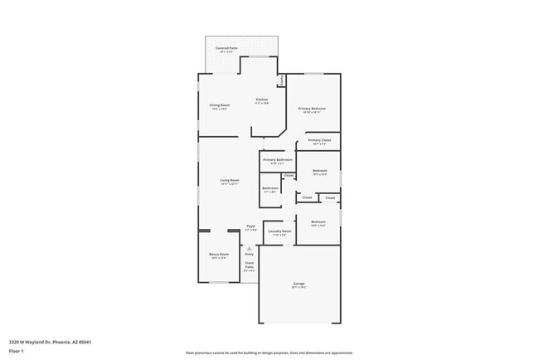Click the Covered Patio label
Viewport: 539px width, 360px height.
click(x=226, y=49)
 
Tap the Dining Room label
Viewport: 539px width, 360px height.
click(x=220, y=105)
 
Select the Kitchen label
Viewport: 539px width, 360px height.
click(x=261, y=100)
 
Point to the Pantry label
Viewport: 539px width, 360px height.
click(x=282, y=80)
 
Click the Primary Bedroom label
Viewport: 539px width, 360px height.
click(x=312, y=109)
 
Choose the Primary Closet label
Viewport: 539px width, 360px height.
click(x=319, y=140)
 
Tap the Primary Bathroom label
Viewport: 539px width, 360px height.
click(x=277, y=159)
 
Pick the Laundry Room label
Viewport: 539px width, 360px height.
click(x=279, y=231)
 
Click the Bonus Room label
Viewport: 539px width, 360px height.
click(x=219, y=255)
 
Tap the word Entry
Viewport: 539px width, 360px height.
click(x=249, y=254)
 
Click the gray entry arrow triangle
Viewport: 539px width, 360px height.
click(x=249, y=247)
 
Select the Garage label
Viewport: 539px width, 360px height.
click(x=299, y=284)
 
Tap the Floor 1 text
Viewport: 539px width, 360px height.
click(x=17, y=351)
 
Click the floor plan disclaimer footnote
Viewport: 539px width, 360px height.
click(x=269, y=352)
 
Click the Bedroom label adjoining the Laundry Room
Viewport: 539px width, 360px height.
click(x=318, y=222)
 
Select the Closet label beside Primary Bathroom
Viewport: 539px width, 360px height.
click(x=289, y=176)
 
